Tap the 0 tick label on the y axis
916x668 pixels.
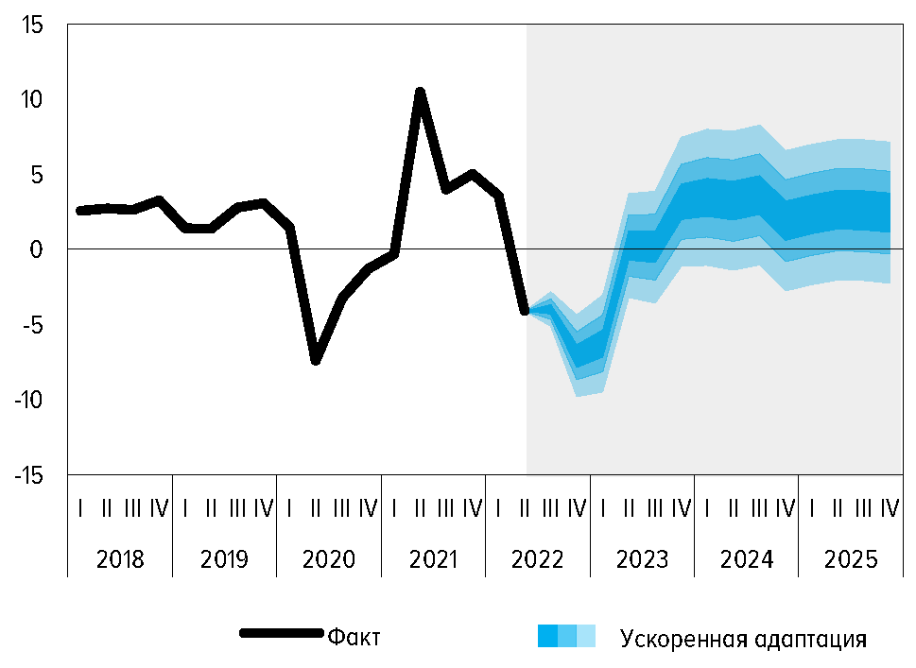pos(37,249)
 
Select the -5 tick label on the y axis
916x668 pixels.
pos(32,325)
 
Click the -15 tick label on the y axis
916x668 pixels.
pos(28,475)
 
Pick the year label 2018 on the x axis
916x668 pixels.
pos(121,559)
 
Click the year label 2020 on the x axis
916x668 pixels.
pos(329,559)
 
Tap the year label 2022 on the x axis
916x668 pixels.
pos(537,559)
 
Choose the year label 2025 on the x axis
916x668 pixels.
pos(850,559)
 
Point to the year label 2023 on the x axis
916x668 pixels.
pos(642,559)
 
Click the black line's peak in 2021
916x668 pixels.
pos(420,92)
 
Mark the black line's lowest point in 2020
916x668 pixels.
pos(316,360)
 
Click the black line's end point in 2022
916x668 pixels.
pos(525,310)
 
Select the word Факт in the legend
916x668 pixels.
pos(354,637)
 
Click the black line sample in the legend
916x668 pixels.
pos(281,633)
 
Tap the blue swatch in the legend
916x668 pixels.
pos(566,636)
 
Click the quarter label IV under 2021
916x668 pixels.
pos(472,509)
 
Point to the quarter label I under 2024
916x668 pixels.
pos(706,509)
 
